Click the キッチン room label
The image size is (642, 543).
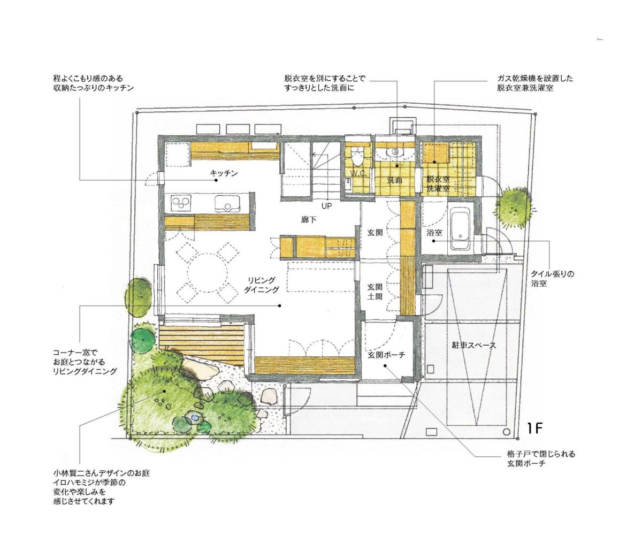click(224, 173)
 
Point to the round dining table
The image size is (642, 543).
click(208, 272)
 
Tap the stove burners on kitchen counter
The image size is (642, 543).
click(180, 202)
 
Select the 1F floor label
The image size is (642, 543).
click(534, 429)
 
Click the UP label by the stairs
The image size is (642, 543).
click(326, 205)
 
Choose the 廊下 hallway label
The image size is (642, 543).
click(309, 220)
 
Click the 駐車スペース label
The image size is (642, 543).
click(473, 345)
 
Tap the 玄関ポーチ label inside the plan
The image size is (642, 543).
click(386, 355)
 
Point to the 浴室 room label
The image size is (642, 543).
click(434, 232)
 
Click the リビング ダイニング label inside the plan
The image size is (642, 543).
click(261, 285)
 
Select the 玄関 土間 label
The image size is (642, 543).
click(375, 292)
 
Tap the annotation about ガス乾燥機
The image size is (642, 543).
click(535, 83)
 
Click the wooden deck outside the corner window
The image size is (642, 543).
click(202, 343)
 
